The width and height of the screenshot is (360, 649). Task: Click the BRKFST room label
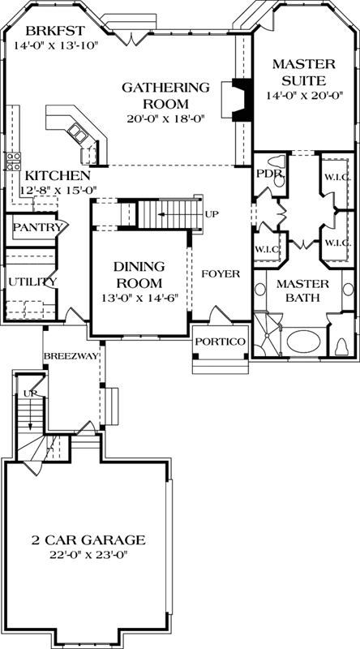click(45, 31)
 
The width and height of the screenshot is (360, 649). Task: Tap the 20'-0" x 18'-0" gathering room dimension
click(166, 118)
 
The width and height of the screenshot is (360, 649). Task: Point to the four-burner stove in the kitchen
click(12, 161)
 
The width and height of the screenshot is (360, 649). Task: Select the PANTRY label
click(37, 228)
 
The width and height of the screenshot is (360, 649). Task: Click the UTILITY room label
click(32, 282)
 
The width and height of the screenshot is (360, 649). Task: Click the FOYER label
click(221, 274)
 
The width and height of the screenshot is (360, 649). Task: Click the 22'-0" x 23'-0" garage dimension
click(88, 555)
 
